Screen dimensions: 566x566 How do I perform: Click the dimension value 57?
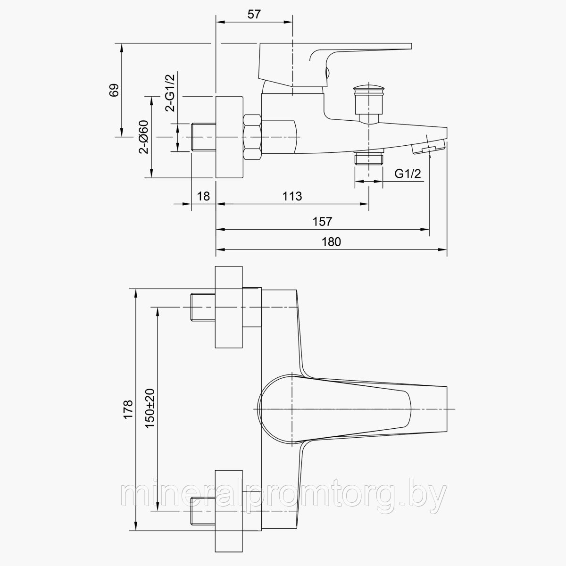point(254,14)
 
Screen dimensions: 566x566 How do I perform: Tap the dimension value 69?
point(114,90)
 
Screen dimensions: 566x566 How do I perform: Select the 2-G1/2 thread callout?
point(170,93)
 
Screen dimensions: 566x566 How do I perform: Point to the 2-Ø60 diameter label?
point(144,137)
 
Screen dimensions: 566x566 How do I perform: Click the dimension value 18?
point(203,196)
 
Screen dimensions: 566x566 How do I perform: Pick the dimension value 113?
point(292,196)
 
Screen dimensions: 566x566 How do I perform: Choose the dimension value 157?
point(322,222)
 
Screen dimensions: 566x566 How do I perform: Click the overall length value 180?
point(331,242)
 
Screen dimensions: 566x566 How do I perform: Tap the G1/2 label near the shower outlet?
point(408,174)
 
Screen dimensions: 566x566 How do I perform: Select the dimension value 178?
point(128,409)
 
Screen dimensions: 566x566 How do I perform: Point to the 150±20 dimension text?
point(150,409)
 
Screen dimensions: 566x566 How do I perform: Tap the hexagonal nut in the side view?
point(252,137)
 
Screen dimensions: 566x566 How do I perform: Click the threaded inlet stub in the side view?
point(203,137)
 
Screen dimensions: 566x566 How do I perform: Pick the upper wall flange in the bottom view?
point(229,307)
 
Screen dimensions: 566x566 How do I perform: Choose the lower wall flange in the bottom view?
point(229,511)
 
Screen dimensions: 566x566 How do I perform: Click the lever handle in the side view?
point(335,65)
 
